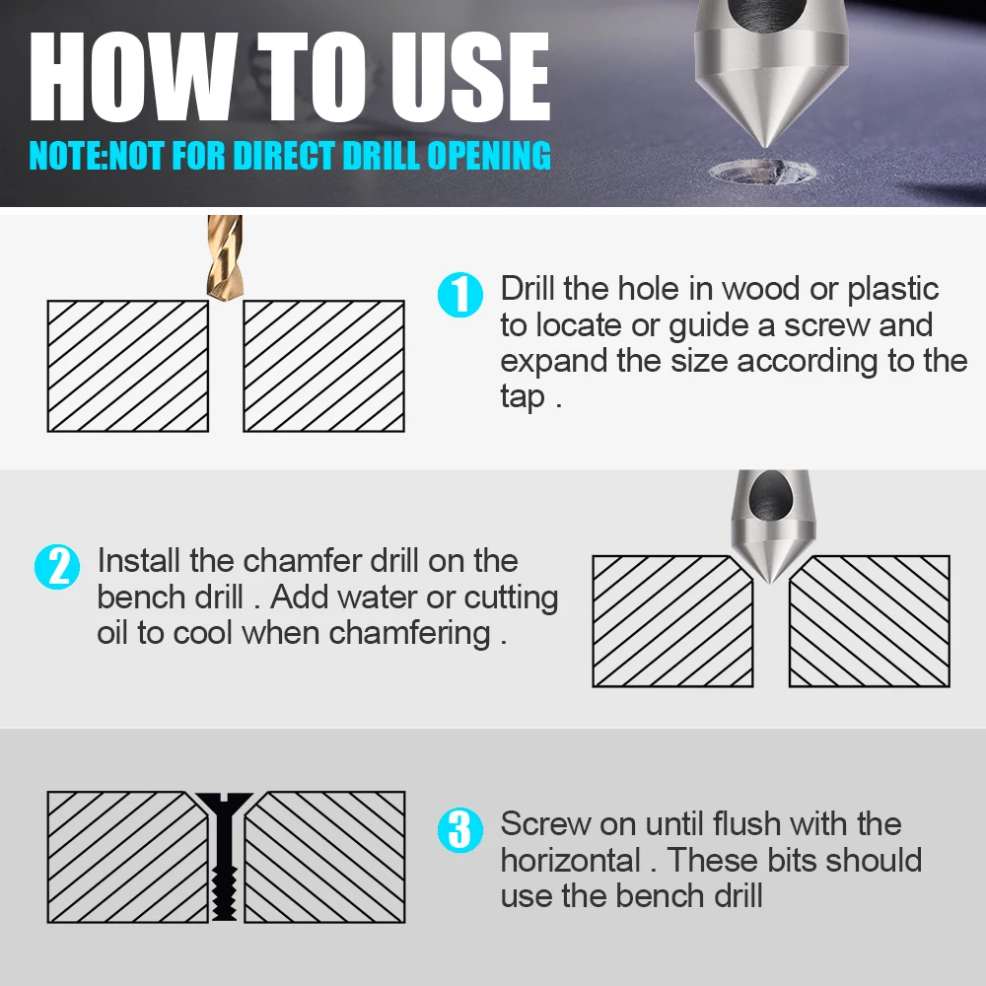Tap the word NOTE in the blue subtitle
tap(66, 156)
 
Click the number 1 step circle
tap(460, 294)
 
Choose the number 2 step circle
tap(57, 567)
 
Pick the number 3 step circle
tap(460, 830)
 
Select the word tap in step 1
tap(523, 397)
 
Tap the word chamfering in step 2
tap(409, 634)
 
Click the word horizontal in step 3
tap(570, 860)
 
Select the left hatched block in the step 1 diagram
tap(128, 366)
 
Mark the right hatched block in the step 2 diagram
tap(870, 621)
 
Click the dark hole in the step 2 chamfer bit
tap(770, 495)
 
